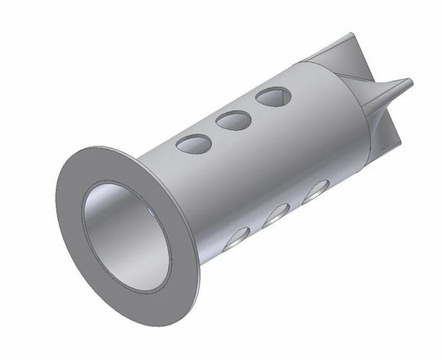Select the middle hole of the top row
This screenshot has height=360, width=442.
233,121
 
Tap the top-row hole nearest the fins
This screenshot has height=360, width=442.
273,97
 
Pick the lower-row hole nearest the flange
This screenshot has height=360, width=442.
237,238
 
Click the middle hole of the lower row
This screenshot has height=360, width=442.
277,214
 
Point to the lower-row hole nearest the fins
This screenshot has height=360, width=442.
315,192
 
